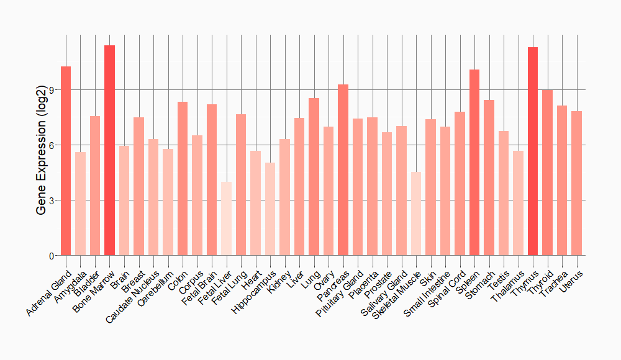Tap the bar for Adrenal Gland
click(x=66, y=161)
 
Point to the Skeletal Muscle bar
click(x=416, y=214)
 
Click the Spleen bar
click(x=474, y=162)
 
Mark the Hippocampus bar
click(x=270, y=209)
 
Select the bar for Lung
click(x=314, y=176)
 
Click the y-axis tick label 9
click(x=52, y=90)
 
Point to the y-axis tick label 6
click(x=52, y=145)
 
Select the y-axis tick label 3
click(x=52, y=200)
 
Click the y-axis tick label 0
click(x=52, y=256)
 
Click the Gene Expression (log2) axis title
click(x=41, y=161)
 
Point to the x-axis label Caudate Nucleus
click(x=134, y=295)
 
